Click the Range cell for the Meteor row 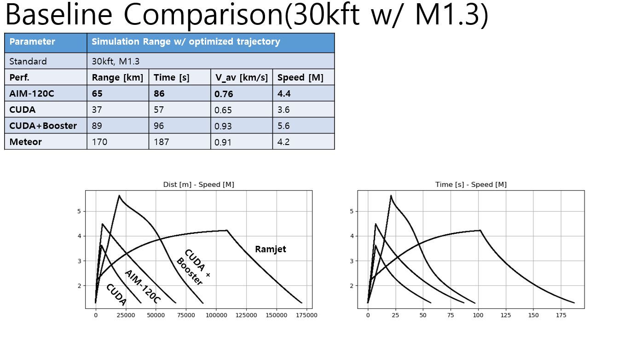coord(100,142)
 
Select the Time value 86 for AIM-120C coord(159,93)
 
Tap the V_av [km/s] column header coord(241,77)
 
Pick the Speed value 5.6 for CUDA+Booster coord(283,126)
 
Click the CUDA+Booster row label coord(43,126)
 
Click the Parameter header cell coord(32,42)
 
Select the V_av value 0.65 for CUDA coord(223,110)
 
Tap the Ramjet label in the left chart coord(270,250)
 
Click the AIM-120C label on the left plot coord(143,286)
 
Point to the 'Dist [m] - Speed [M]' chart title coord(198,185)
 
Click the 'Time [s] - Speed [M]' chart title coord(471,185)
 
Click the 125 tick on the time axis coord(506,315)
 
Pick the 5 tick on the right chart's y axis coord(352,211)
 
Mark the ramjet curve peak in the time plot coord(480,230)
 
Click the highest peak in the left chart coord(119,195)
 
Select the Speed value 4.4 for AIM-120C coord(283,93)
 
